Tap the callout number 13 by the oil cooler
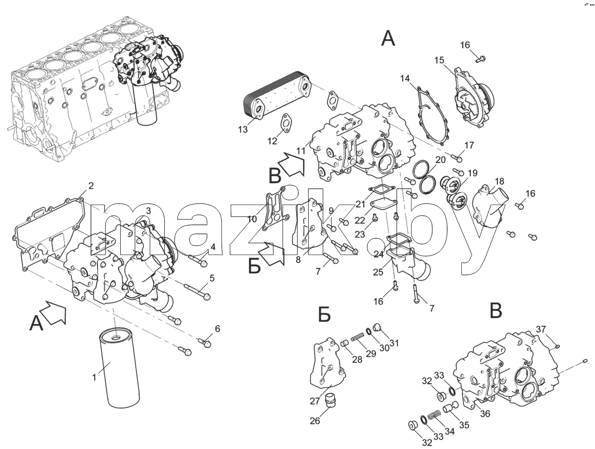243,130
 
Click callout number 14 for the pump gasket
405,79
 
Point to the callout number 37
541,330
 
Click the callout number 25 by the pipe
378,272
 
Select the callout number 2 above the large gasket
91,186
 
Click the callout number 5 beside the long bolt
212,278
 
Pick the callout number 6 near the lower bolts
217,329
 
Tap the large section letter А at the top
388,39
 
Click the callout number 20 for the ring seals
441,160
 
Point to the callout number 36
485,413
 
